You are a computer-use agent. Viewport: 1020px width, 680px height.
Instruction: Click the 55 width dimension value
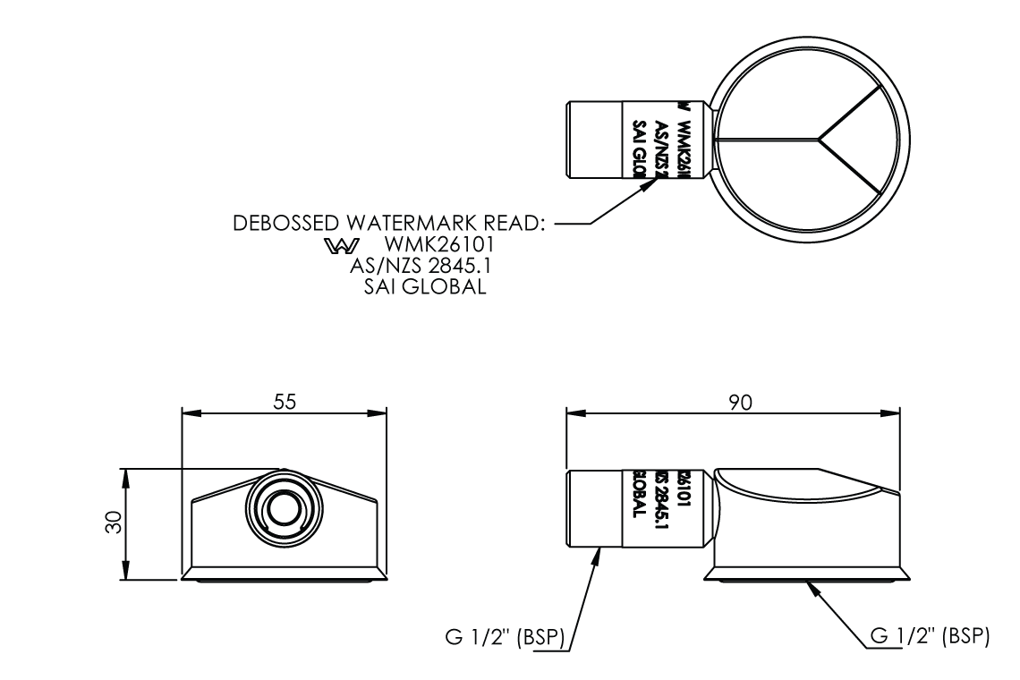click(285, 403)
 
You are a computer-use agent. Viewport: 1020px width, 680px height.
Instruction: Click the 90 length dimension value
click(739, 403)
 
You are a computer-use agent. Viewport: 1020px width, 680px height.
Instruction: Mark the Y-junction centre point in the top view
click(820, 140)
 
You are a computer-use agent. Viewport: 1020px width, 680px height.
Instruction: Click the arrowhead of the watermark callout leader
click(663, 179)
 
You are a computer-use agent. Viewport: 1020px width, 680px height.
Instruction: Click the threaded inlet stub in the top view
click(595, 140)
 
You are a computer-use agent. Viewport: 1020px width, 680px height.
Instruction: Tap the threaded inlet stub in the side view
click(595, 508)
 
